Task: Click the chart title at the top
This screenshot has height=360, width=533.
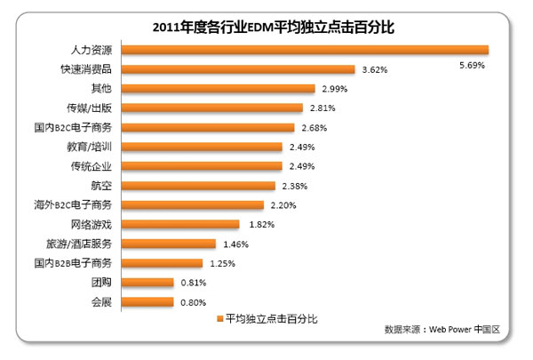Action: tap(267, 27)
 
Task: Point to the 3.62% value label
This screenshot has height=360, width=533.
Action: tap(373, 69)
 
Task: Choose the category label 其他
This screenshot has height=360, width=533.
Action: tap(101, 89)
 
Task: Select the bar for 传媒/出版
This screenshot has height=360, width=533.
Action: tap(213, 108)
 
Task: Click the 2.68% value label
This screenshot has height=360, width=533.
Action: tap(313, 128)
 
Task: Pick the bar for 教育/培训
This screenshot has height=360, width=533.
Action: tap(201, 147)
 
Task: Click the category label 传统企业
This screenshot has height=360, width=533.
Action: tap(91, 166)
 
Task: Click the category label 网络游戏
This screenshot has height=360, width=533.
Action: tap(91, 224)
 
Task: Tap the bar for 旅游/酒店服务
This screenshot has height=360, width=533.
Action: tap(168, 244)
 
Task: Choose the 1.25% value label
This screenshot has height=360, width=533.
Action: tap(223, 263)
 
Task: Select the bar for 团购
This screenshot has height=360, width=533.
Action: tap(147, 283)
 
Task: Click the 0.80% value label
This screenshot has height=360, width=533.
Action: tap(192, 302)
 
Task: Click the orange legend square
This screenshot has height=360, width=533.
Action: tap(219, 318)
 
